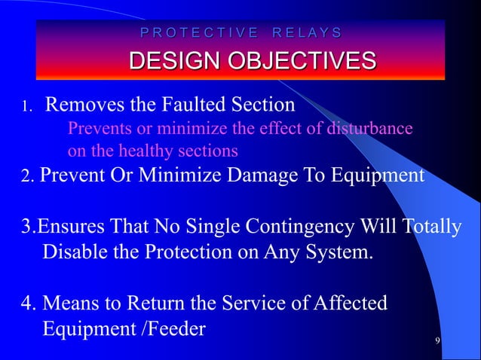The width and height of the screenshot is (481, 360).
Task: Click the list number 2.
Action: pos(25,176)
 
